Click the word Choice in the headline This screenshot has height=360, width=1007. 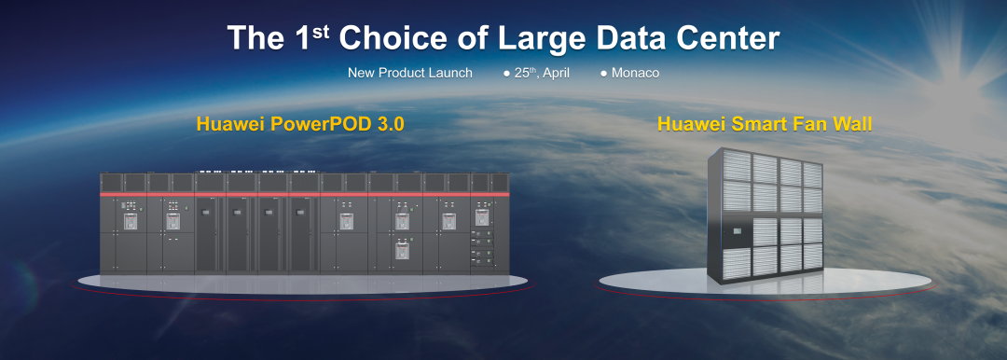pyautogui.click(x=393, y=38)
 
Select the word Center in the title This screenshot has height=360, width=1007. pyautogui.click(x=727, y=38)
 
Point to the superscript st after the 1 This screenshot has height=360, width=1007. pyautogui.click(x=321, y=31)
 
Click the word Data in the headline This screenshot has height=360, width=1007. pyautogui.click(x=631, y=38)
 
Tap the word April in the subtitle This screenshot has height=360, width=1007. pyautogui.click(x=556, y=74)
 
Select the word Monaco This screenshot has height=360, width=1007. pyautogui.click(x=635, y=74)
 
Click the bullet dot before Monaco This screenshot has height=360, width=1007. pyautogui.click(x=603, y=74)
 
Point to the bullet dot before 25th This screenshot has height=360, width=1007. pyautogui.click(x=506, y=74)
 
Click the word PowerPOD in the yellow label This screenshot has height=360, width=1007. pyautogui.click(x=311, y=123)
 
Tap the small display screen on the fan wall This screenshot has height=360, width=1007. pyautogui.click(x=737, y=229)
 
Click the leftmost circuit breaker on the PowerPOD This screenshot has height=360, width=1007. pyautogui.click(x=131, y=222)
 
